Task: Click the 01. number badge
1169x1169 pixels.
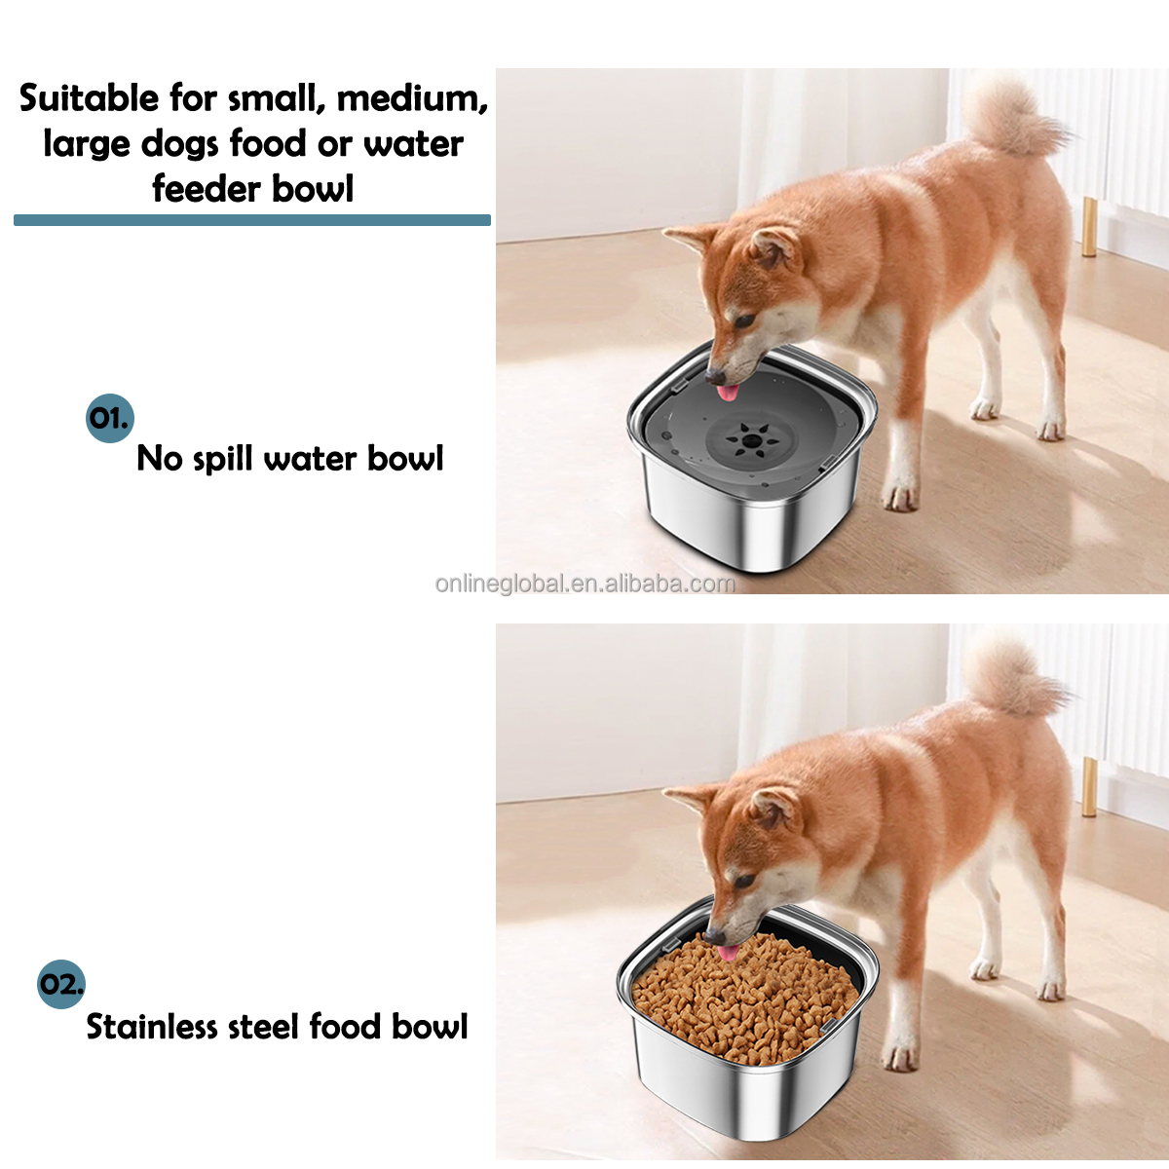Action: click(x=108, y=419)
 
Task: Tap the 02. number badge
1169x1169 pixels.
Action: click(x=60, y=984)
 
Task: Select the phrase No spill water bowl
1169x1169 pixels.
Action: click(x=289, y=458)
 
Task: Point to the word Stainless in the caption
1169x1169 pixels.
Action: click(x=151, y=1027)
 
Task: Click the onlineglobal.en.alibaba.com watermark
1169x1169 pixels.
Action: click(x=584, y=584)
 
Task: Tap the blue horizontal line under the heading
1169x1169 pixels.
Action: click(x=251, y=220)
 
